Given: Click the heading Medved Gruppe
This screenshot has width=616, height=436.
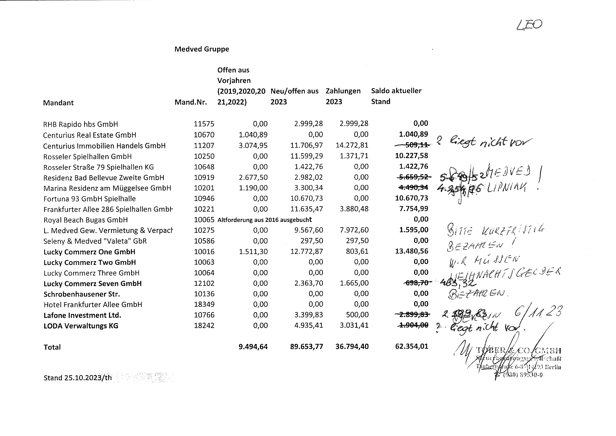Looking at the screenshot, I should coord(202,49).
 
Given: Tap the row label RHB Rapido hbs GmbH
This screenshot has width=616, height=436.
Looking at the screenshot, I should coord(80,124).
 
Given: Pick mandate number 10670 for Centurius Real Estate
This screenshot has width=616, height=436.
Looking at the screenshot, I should coord(204,135).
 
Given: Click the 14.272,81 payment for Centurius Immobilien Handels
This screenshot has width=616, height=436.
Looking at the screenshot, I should coord(352,145).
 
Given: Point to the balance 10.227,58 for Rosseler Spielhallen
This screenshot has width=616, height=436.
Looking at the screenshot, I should coord(411,156).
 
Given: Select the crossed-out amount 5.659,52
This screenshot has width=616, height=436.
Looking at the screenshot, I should coord(413,177).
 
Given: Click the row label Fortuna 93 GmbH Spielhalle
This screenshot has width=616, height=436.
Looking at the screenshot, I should coord(89,199).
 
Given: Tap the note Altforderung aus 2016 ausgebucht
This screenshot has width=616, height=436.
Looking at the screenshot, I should coord(265,220).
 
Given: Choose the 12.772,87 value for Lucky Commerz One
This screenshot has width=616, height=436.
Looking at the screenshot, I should coord(306,252).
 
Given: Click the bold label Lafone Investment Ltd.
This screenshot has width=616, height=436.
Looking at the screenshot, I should coord(82,315).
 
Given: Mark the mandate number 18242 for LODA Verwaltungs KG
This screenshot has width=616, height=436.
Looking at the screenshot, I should coord(204,326).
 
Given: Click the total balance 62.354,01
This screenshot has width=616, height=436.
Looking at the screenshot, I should coord(411,346).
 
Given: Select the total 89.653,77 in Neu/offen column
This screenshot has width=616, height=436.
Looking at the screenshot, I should coord(306,346).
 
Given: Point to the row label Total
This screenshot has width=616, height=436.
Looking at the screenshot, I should coord(52,347).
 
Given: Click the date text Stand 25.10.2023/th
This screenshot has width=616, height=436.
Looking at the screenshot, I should coord(77,378).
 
